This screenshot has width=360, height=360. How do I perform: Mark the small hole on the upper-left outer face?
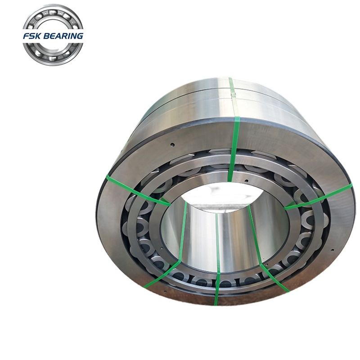(172, 145)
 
